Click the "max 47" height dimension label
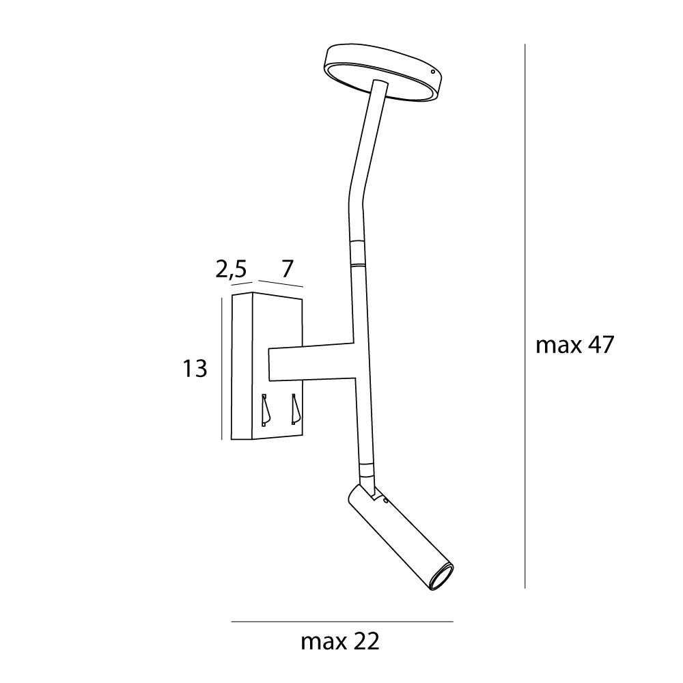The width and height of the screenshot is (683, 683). coord(574,346)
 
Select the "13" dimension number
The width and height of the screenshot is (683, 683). coord(194,369)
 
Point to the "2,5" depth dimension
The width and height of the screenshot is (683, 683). coord(232,270)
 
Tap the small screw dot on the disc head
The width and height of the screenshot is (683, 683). coord(432,72)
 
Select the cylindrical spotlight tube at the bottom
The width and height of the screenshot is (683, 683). coord(400,537)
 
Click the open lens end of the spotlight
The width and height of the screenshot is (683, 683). coord(443,578)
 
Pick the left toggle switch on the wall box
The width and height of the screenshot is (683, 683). coord(265,410)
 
